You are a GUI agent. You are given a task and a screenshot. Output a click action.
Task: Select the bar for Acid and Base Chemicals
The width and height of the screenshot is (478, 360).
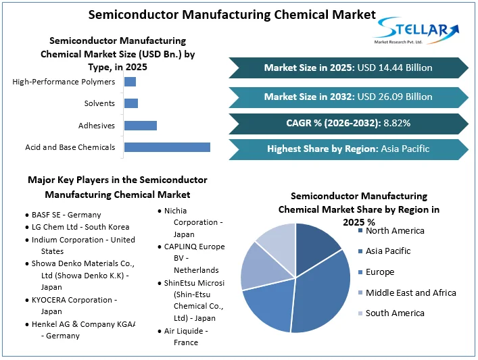[x=167, y=147]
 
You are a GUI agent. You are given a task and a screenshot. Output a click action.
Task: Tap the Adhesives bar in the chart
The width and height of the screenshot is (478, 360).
[x=141, y=126]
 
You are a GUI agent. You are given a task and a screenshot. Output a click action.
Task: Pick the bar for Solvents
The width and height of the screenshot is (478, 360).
[x=131, y=103]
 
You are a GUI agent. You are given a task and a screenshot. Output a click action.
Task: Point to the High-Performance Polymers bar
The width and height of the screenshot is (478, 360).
[x=130, y=82]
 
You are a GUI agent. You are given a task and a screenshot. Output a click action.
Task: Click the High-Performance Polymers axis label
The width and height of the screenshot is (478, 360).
[x=64, y=82]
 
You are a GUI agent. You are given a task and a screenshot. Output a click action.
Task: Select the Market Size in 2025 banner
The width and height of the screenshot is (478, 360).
[x=348, y=68]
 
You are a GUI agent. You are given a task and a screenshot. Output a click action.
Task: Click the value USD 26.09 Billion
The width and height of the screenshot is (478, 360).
[x=395, y=97]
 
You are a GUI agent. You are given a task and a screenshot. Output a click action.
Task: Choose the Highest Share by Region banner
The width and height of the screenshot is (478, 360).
[x=348, y=149]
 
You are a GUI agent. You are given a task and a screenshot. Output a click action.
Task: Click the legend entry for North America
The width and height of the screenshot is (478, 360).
[x=395, y=231]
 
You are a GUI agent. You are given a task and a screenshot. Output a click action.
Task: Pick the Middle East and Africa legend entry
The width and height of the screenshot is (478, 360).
[x=410, y=292]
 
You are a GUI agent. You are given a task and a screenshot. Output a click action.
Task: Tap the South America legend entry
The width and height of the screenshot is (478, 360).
[x=395, y=313]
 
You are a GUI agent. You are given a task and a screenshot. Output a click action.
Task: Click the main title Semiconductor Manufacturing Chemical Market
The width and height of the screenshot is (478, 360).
[x=232, y=14]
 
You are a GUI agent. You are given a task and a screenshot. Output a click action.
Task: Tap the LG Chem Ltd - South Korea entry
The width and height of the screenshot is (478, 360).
[x=80, y=227]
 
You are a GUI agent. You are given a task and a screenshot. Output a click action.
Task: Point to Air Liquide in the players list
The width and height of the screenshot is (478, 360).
[x=185, y=331]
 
